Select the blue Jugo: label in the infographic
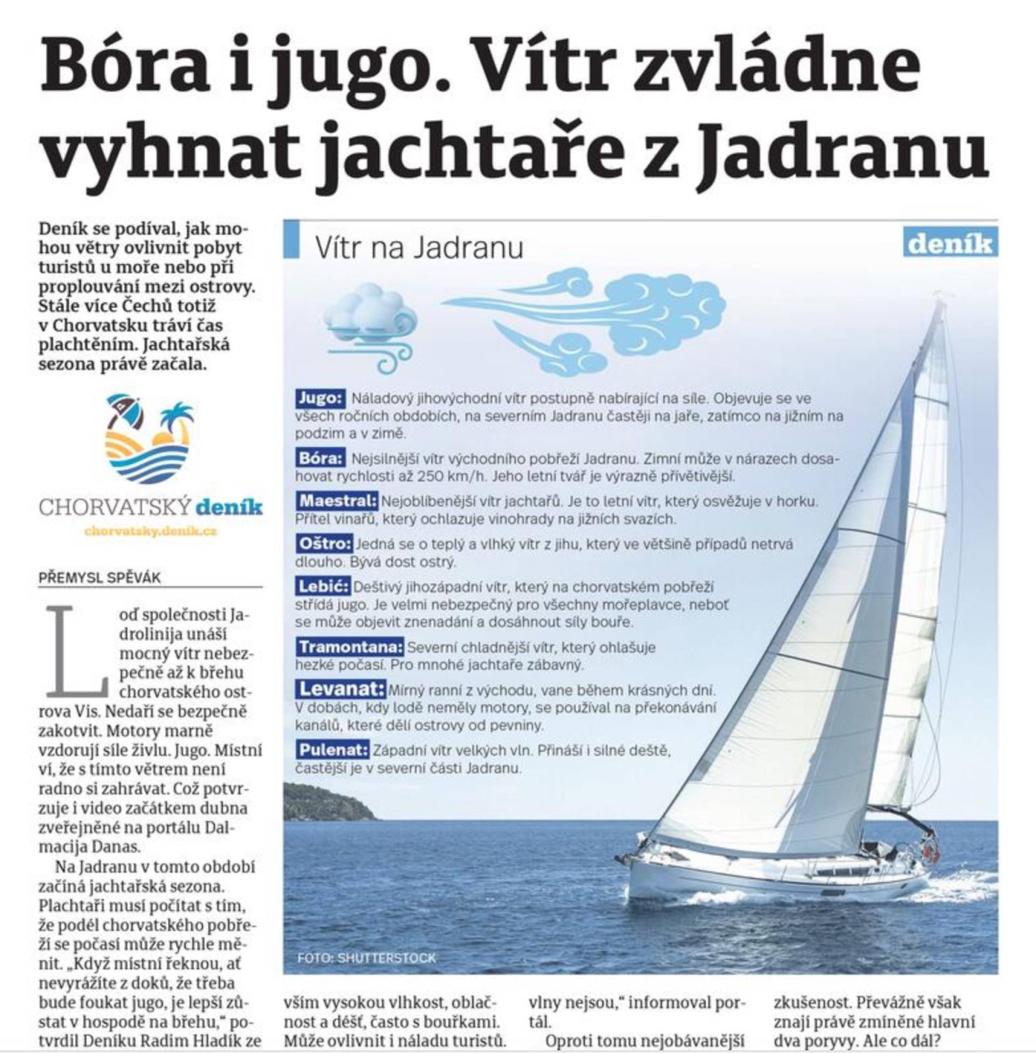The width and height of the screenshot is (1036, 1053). [321, 398]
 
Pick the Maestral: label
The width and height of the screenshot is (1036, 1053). [337, 501]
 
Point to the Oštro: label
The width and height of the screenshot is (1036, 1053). [325, 544]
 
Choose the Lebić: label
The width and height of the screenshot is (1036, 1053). [323, 587]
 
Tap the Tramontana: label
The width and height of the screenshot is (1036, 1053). [350, 647]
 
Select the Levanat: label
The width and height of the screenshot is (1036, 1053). [341, 689]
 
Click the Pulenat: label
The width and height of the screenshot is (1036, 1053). [333, 750]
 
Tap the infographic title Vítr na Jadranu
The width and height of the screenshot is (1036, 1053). [419, 248]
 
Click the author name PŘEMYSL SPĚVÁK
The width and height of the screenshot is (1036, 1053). [100, 578]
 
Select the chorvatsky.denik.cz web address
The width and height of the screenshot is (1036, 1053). [151, 531]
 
